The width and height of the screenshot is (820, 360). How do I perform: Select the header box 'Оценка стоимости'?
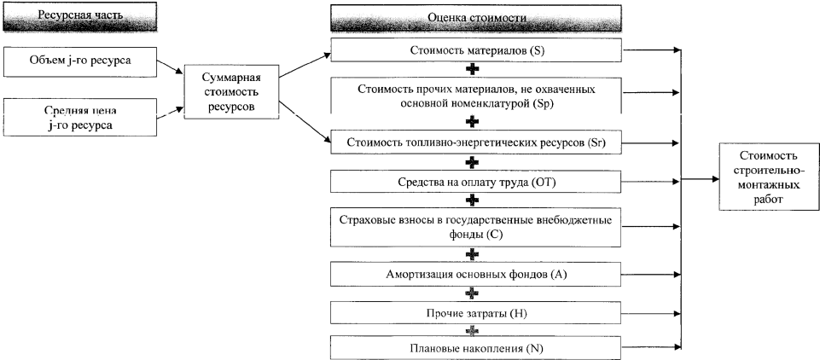click(x=475, y=17)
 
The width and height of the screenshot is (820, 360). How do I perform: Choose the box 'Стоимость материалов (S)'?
click(x=475, y=51)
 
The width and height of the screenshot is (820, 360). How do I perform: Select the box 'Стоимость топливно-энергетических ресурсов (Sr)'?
click(x=475, y=142)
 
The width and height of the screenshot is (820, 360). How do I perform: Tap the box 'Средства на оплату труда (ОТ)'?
click(x=475, y=182)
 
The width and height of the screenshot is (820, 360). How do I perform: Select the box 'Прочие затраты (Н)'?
click(x=475, y=313)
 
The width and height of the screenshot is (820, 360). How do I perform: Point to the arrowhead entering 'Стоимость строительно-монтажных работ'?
click(x=714, y=180)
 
